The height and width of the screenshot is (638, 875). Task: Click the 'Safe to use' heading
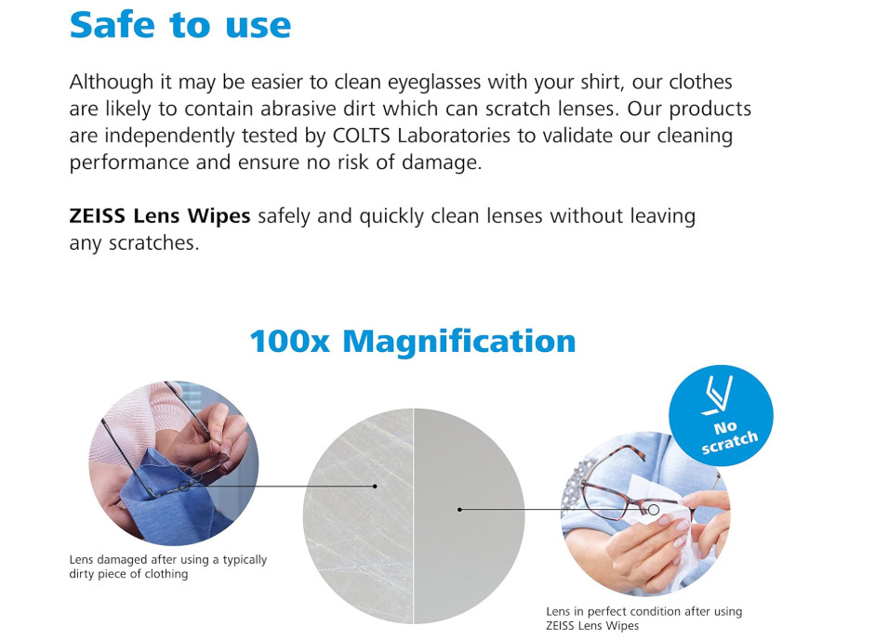tap(180, 24)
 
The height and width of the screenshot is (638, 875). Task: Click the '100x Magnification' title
tap(412, 341)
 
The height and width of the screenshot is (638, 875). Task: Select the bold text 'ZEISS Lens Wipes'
tap(160, 215)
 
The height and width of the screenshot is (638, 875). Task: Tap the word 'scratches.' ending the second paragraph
tap(153, 243)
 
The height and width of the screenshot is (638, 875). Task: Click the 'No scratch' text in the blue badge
tap(728, 436)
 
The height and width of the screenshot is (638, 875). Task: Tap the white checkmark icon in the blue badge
tap(717, 395)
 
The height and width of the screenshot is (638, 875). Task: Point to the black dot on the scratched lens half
tap(375, 487)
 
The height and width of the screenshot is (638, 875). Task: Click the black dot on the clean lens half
tap(459, 509)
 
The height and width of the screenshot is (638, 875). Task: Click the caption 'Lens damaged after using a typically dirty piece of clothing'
tap(168, 566)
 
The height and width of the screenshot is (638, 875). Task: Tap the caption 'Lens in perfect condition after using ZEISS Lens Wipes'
tap(644, 618)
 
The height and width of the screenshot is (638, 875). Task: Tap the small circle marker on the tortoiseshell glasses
tap(654, 509)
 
